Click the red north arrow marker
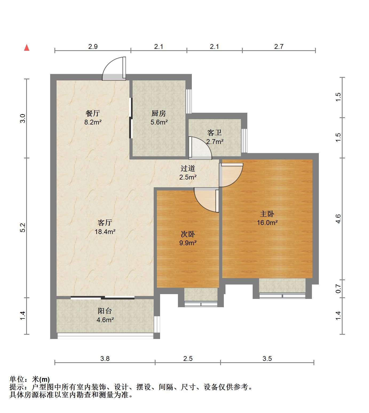coord(27,48)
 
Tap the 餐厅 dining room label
coord(93,113)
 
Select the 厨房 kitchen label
coord(159,113)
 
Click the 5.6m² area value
coord(159,122)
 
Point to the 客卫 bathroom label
coord(215,133)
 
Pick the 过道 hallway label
coord(188,168)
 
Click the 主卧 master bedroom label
coord(267,214)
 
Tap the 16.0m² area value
coord(267,223)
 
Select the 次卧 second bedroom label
coord(188,234)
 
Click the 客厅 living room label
coord(105,223)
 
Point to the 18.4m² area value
coord(105,232)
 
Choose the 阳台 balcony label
coord(105,311)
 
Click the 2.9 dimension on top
coord(93,46)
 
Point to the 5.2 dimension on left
coord(23,228)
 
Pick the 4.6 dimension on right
coord(338,219)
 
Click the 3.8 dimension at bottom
coord(105,359)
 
